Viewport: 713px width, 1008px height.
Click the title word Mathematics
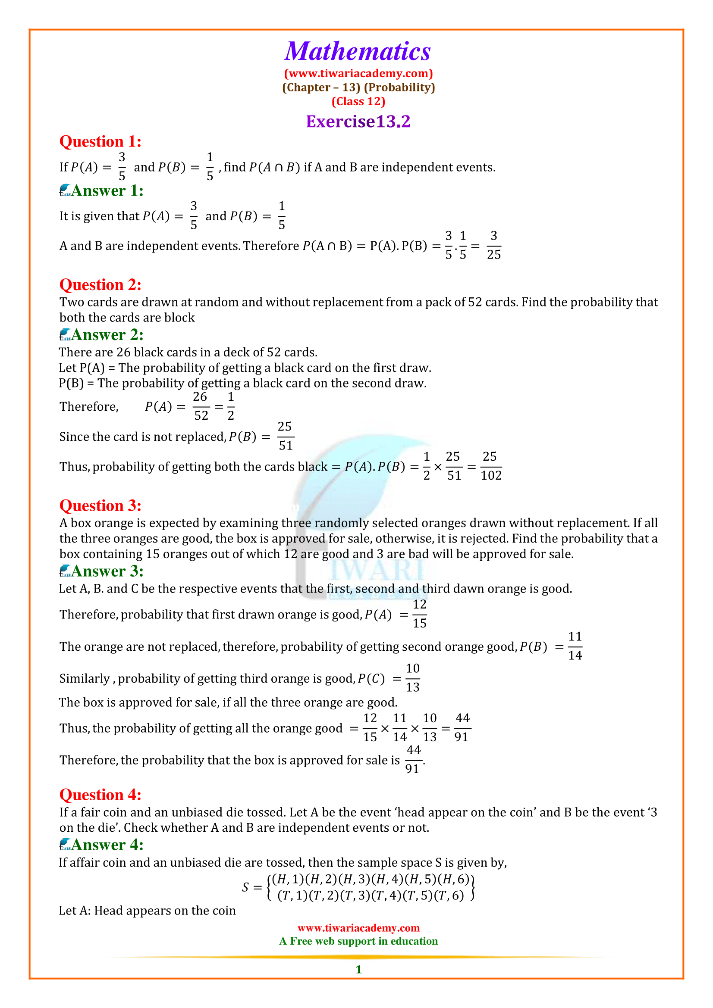click(358, 51)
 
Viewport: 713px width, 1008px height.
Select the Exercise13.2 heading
click(358, 122)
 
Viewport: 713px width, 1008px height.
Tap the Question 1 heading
click(100, 141)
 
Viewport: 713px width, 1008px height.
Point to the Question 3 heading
click(100, 506)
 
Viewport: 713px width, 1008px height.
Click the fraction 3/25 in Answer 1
click(494, 245)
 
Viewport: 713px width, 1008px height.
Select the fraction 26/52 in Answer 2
click(201, 406)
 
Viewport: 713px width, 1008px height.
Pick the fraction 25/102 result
click(491, 466)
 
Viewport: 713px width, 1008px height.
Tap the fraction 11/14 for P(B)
click(575, 646)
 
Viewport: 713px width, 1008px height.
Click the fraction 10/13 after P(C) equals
click(412, 678)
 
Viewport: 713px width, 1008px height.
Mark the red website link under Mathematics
click(358, 73)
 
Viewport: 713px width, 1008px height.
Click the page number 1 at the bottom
click(358, 969)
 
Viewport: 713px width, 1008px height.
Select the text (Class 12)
click(358, 101)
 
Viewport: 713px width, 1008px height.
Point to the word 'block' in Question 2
click(179, 318)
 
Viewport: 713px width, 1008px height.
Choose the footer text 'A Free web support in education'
click(358, 941)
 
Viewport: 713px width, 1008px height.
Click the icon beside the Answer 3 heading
click(65, 571)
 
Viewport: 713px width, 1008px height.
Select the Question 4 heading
click(100, 795)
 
